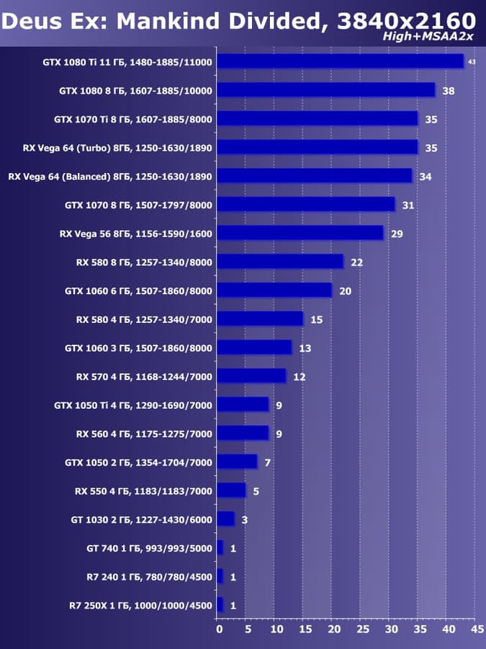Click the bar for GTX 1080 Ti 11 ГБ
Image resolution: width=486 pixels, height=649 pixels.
[x=340, y=61]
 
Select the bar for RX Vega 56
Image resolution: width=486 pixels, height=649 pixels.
[x=300, y=233]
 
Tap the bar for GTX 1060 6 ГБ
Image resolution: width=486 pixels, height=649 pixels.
[x=274, y=290]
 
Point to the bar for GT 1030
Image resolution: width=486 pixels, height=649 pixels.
[x=225, y=519]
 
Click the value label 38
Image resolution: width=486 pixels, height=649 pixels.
[x=449, y=91]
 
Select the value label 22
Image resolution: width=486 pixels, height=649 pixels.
[x=356, y=262]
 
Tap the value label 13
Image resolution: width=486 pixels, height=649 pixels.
[x=305, y=348]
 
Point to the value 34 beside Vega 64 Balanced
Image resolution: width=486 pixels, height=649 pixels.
[x=425, y=177]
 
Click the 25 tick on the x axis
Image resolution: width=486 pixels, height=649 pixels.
[x=361, y=629]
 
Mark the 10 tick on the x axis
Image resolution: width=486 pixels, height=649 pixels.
[x=276, y=629]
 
